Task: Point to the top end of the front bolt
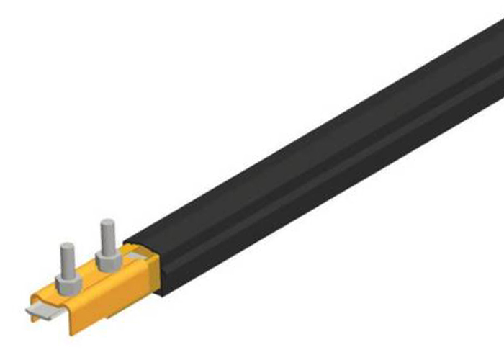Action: tap(66, 247)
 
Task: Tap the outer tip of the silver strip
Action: tap(29, 312)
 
